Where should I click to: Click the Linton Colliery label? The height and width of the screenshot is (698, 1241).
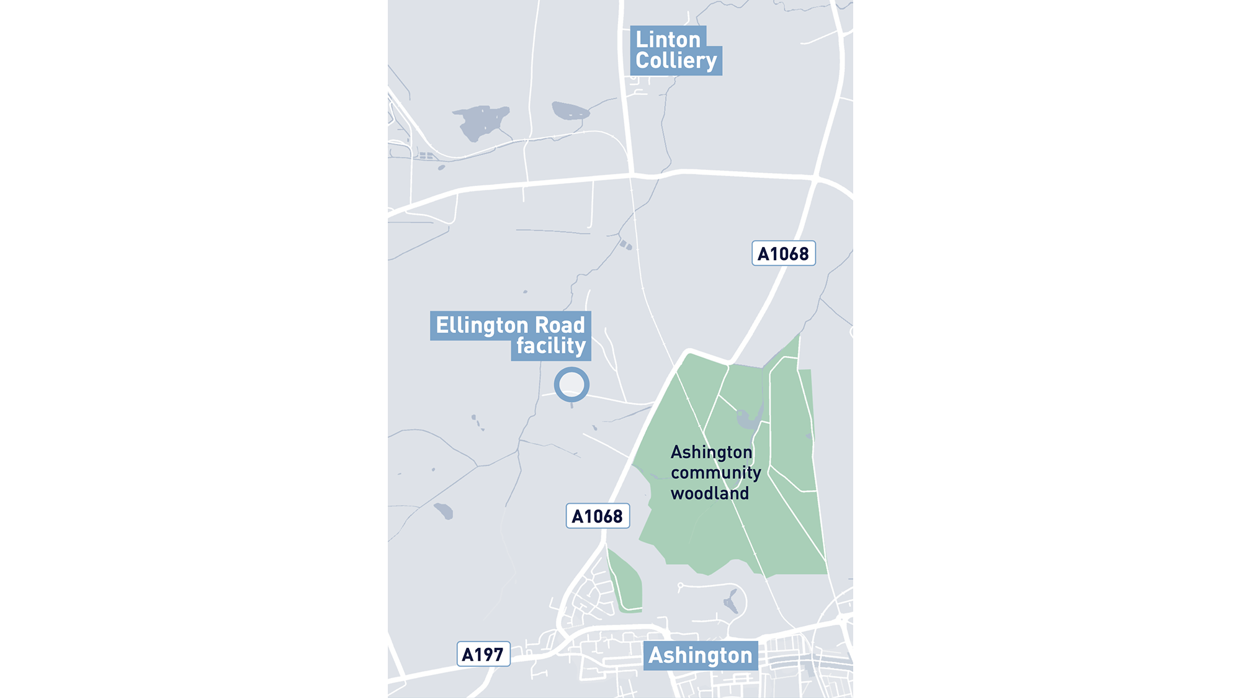click(x=675, y=50)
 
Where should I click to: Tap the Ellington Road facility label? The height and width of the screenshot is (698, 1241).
click(x=510, y=335)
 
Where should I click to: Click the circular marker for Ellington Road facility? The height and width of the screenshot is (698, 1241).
click(x=571, y=385)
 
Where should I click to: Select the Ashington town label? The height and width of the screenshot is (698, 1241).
click(x=701, y=655)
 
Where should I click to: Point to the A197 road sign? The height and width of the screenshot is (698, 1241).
click(x=483, y=654)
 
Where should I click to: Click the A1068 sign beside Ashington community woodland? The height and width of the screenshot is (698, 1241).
click(x=598, y=516)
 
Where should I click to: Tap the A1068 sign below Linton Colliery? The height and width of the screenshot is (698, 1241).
click(x=783, y=254)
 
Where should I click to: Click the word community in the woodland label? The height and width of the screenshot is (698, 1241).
click(x=715, y=473)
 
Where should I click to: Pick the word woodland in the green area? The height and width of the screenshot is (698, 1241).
click(x=710, y=494)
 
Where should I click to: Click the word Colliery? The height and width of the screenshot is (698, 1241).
click(x=676, y=61)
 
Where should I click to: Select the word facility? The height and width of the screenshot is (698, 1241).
click(x=551, y=346)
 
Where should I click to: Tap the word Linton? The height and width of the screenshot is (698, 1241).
click(x=668, y=40)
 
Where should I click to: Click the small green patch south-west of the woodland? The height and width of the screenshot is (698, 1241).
click(x=625, y=583)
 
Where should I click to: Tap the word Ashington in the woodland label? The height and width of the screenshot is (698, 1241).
click(x=711, y=452)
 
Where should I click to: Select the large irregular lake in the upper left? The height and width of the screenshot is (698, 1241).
click(x=480, y=120)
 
